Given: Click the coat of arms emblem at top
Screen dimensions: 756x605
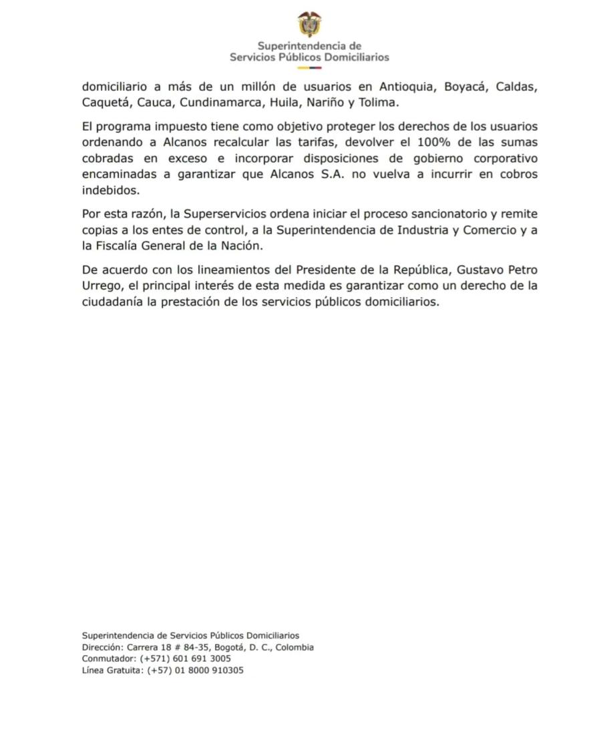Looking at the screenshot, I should pos(309,24).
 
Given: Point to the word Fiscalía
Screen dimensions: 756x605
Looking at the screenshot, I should pos(129,246).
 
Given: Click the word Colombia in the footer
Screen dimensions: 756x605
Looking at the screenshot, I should pos(294,647).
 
